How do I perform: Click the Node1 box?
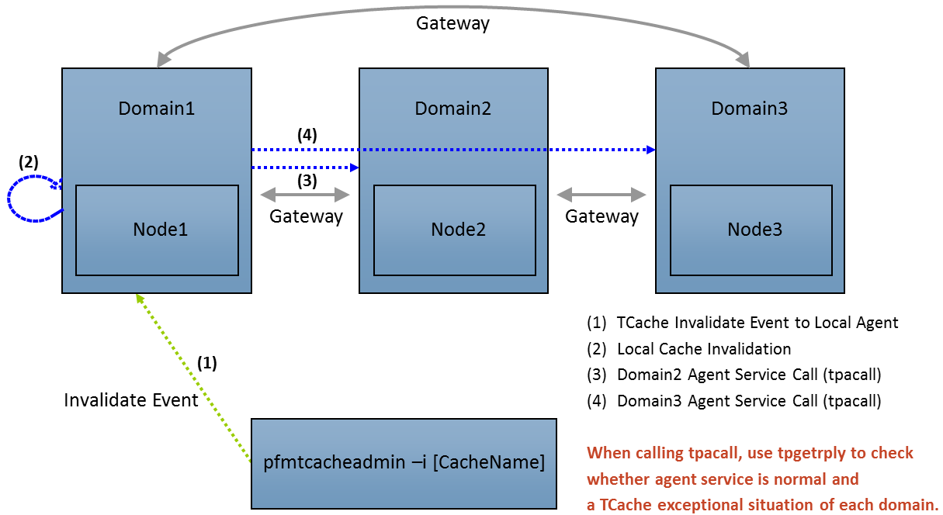(157, 230)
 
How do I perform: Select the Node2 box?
(454, 230)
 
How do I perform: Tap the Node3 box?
(751, 230)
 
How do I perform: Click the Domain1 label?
(156, 109)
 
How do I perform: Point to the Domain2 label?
(452, 109)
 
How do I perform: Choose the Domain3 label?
(749, 109)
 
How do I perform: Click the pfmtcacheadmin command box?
(404, 463)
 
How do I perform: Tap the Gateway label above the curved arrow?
(452, 23)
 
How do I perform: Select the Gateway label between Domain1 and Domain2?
(306, 216)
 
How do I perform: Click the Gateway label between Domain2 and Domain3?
(602, 216)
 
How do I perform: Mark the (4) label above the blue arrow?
(307, 134)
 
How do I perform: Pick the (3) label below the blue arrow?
(307, 181)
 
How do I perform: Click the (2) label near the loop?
(29, 163)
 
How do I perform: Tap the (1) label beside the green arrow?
(206, 362)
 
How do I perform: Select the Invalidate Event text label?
(131, 400)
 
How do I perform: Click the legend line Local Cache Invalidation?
(703, 349)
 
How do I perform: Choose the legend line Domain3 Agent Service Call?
(748, 401)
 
